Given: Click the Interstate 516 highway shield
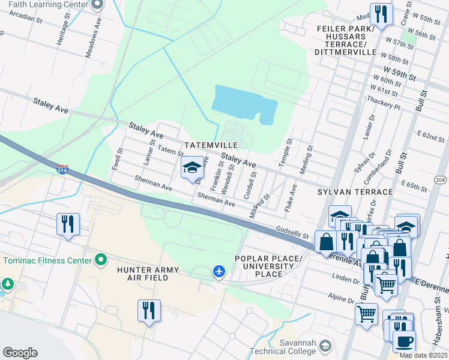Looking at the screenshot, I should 62,170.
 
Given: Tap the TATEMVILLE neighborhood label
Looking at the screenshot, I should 212,146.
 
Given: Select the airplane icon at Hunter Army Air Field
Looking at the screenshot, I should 219,272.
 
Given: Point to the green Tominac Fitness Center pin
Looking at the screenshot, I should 101,260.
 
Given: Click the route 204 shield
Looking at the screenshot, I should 440,179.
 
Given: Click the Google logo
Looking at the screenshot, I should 20,353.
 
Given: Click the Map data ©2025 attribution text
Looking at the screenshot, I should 423,355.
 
